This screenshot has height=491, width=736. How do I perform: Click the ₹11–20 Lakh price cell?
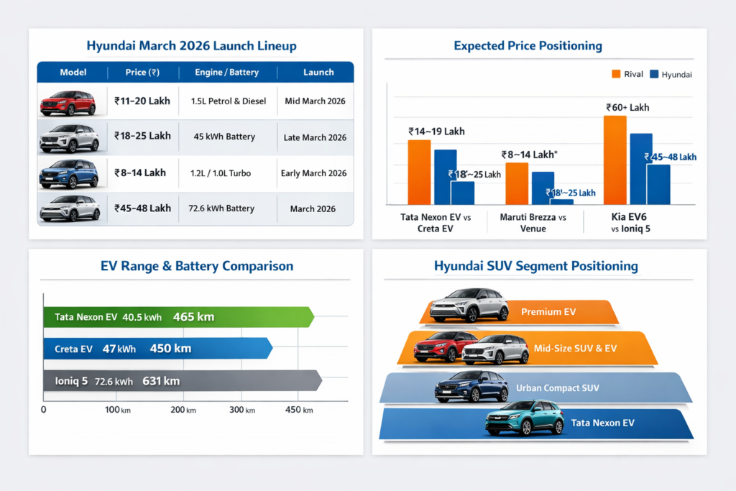[142, 101]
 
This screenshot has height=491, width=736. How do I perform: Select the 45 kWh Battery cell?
[224, 137]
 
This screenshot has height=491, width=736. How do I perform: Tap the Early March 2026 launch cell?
[314, 173]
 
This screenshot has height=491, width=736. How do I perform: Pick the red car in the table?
[68, 104]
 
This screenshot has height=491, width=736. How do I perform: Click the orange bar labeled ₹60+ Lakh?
[615, 160]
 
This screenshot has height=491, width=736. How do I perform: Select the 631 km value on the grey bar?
[161, 381]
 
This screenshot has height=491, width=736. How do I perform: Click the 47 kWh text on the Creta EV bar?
[119, 349]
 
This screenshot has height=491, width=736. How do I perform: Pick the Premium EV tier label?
[548, 312]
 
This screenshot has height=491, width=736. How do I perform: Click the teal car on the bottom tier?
[523, 418]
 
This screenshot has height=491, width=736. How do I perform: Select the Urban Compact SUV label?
[557, 388]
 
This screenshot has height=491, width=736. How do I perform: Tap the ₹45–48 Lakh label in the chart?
[670, 157]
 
